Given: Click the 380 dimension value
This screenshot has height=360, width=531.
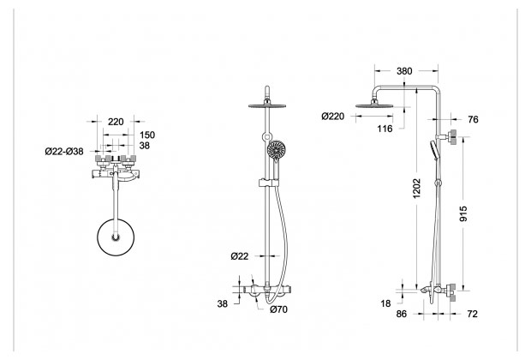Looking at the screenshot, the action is pos(404,71).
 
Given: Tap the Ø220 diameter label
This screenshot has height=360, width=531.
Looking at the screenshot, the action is pos(332,117).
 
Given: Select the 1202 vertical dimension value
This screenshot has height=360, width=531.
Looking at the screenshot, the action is pos(417,188).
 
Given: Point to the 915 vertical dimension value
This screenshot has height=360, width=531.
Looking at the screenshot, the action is pos(463,214).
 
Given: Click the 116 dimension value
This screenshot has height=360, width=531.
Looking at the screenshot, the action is pos(385,129).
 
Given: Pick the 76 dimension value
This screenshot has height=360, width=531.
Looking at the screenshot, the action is pos(473,120).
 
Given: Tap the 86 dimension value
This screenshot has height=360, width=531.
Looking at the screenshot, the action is pos(402,315).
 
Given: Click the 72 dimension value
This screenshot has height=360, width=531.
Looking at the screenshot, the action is pos(472,315).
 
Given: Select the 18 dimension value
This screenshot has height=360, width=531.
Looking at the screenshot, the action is pos(385,303).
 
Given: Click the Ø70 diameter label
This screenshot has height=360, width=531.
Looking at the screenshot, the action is pos(278,309).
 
